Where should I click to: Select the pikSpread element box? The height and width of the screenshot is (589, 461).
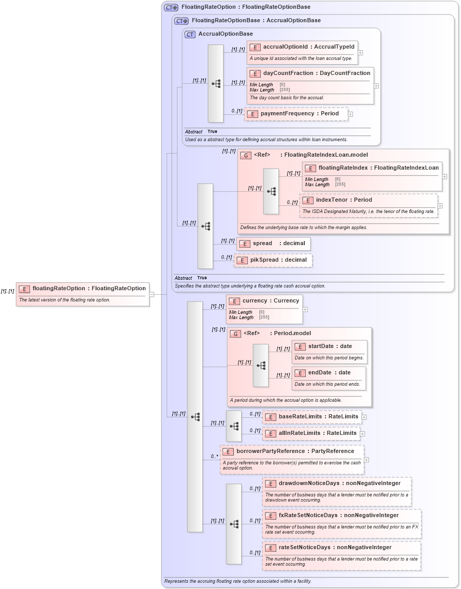click(273, 260)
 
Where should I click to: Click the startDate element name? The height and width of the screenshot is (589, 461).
click(321, 346)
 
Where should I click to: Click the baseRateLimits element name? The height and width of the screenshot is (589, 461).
click(300, 417)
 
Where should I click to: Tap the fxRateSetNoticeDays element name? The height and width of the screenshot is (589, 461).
click(309, 516)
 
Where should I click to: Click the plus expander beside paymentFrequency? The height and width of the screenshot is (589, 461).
click(350, 114)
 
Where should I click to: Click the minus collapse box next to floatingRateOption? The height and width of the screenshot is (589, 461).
click(152, 294)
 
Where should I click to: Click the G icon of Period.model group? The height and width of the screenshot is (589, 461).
click(235, 334)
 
